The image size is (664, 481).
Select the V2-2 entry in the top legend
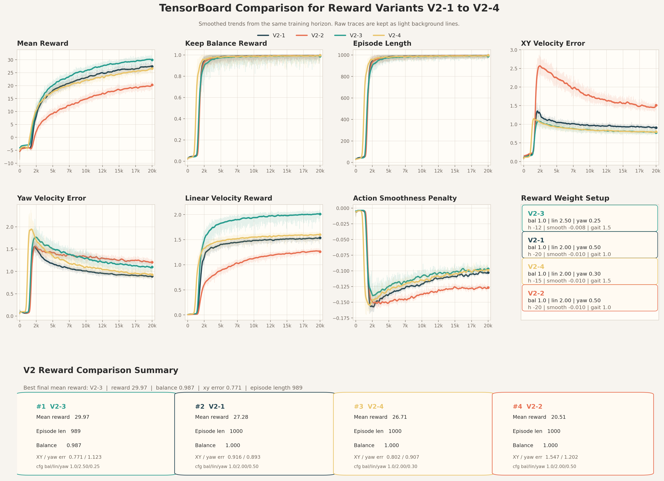click(x=317, y=35)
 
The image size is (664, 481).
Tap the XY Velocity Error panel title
click(x=553, y=43)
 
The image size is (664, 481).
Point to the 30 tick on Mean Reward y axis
click(x=11, y=60)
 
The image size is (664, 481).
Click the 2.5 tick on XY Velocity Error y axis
click(x=514, y=68)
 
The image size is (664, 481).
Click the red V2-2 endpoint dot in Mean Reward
click(x=152, y=85)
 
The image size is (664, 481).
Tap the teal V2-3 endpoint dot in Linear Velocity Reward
click(x=320, y=214)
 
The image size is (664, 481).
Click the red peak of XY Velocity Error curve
click(x=540, y=66)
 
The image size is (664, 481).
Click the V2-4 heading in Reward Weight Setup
click(x=536, y=266)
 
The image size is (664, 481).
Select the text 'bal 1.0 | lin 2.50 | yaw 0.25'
click(x=564, y=221)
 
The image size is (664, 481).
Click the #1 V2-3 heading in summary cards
click(x=51, y=406)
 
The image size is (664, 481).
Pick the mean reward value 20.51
click(x=558, y=417)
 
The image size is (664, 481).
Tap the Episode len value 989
click(x=76, y=431)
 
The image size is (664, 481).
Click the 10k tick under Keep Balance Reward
click(x=254, y=171)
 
